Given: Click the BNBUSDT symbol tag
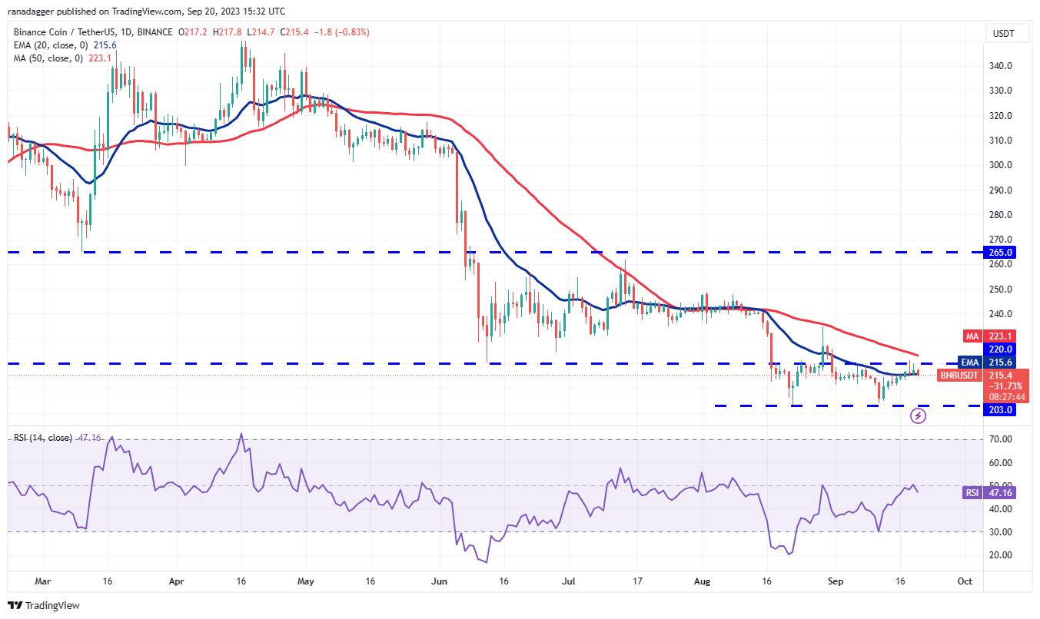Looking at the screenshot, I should pos(959,376).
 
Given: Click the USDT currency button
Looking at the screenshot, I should pos(1004,33).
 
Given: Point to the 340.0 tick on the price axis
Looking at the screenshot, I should pos(998,66).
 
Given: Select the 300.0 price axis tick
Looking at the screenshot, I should pos(998,165).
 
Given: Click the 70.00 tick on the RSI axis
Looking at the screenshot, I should pos(998,439).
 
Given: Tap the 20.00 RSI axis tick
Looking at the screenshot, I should pos(998,555).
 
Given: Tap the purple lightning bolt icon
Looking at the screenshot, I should pos(918,416).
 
